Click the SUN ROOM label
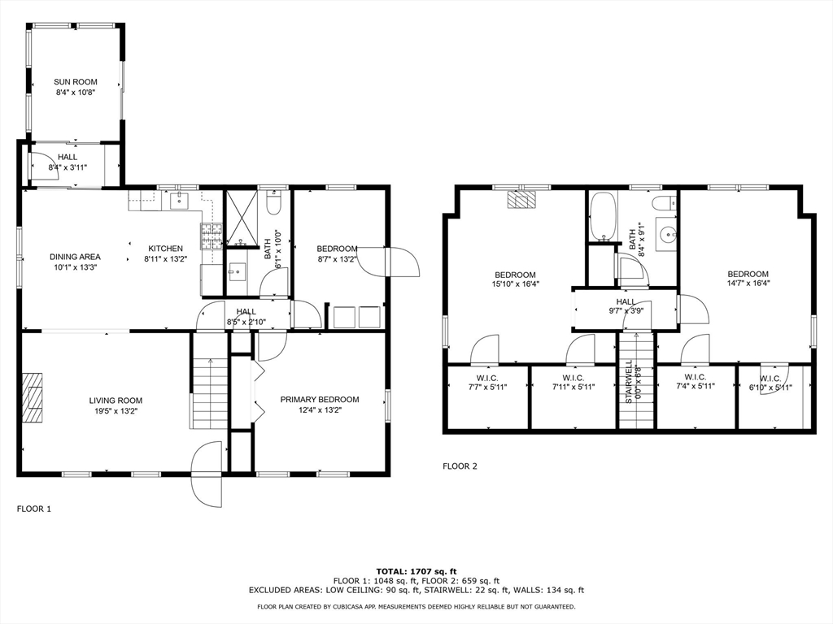(x=76, y=82)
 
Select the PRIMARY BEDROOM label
(x=320, y=399)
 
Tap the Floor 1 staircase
(x=211, y=394)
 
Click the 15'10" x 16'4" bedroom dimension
(x=515, y=284)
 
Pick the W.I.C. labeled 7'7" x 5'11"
(x=487, y=387)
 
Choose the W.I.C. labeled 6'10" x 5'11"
(x=770, y=387)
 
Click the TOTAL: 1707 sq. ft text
(x=416, y=571)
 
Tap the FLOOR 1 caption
(x=34, y=509)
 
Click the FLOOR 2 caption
(x=460, y=466)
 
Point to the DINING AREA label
(x=75, y=257)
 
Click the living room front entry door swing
(x=206, y=474)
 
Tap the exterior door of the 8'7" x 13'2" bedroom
(x=402, y=262)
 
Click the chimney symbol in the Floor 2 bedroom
(x=521, y=199)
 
